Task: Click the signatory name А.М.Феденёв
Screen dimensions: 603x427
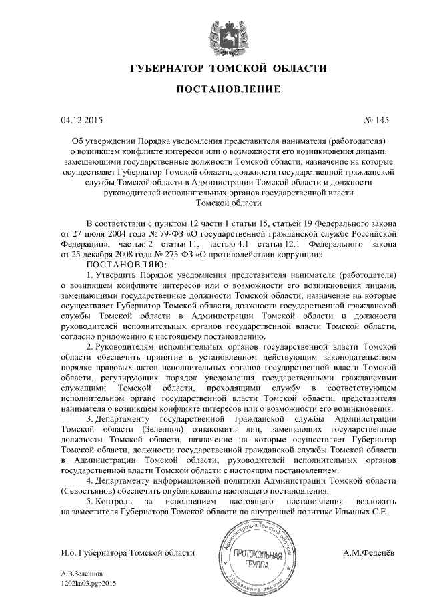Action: pos(370,552)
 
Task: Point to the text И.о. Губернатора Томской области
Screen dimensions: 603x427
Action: pos(127,552)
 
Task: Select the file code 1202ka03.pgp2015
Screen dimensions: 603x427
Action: pos(88,582)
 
